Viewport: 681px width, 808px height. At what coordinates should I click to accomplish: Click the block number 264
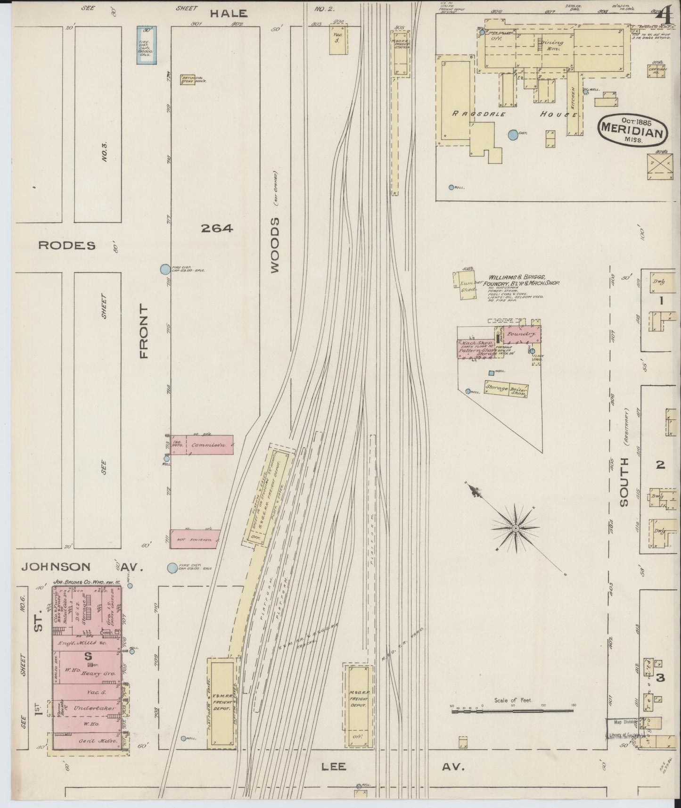217,229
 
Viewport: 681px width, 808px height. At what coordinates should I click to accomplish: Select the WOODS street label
275,245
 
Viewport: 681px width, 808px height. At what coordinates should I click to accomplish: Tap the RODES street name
66,246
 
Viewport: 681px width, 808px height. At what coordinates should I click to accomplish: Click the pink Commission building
202,445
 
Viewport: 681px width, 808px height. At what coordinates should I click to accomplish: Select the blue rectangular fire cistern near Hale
147,45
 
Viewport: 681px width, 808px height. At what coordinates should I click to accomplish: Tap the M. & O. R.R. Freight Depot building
359,705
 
